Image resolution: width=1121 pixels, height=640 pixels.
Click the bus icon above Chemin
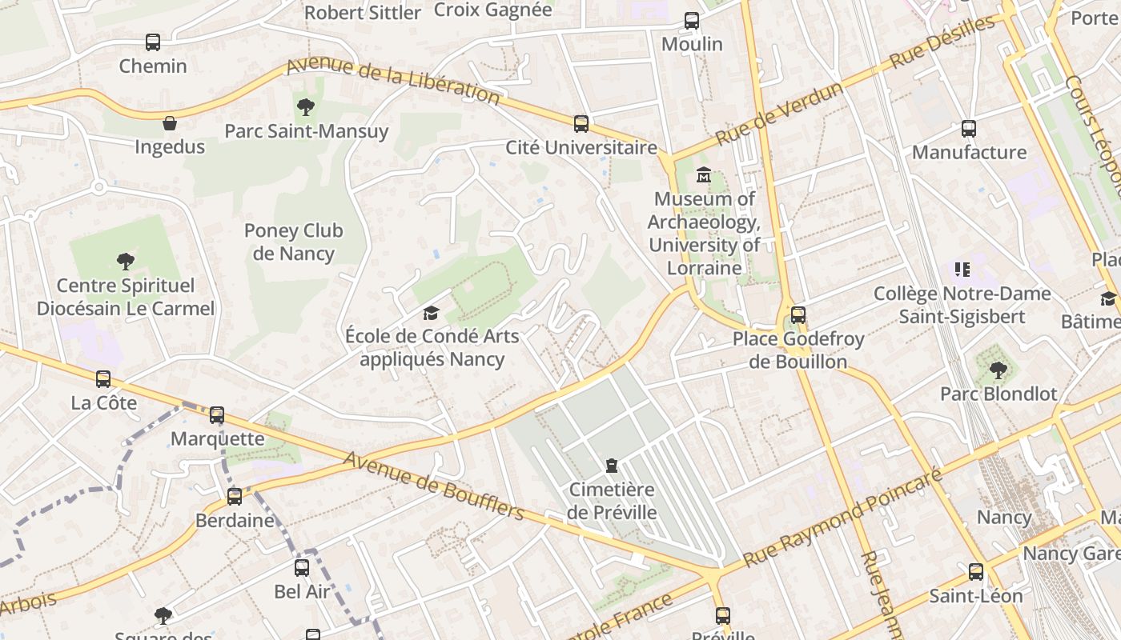point(153,42)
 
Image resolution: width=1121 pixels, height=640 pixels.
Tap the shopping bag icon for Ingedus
point(170,123)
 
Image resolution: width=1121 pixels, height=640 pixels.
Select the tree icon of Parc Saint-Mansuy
point(305,107)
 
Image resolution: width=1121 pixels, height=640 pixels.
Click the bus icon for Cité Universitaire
point(581,124)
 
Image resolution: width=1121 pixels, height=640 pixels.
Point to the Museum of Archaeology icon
point(704,174)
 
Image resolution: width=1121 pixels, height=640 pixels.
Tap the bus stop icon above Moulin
point(692,21)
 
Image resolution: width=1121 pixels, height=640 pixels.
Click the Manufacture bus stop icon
point(969,129)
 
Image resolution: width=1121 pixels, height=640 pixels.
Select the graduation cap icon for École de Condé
point(432,313)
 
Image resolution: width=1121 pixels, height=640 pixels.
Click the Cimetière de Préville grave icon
point(612,466)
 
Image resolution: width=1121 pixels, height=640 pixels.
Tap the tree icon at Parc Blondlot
point(998,370)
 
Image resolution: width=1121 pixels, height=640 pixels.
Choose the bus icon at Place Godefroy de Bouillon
point(798,315)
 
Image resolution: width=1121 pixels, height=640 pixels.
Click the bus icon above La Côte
point(103,379)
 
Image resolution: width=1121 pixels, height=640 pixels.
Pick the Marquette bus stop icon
point(217,415)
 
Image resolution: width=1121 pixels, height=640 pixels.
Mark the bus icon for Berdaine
point(235,497)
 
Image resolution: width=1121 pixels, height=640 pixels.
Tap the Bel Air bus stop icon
point(302,568)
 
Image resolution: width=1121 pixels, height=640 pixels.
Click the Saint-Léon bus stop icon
point(975,572)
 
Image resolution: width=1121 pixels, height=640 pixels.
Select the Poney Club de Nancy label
point(293,242)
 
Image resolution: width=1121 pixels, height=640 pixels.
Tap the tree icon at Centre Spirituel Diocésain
point(125,261)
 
